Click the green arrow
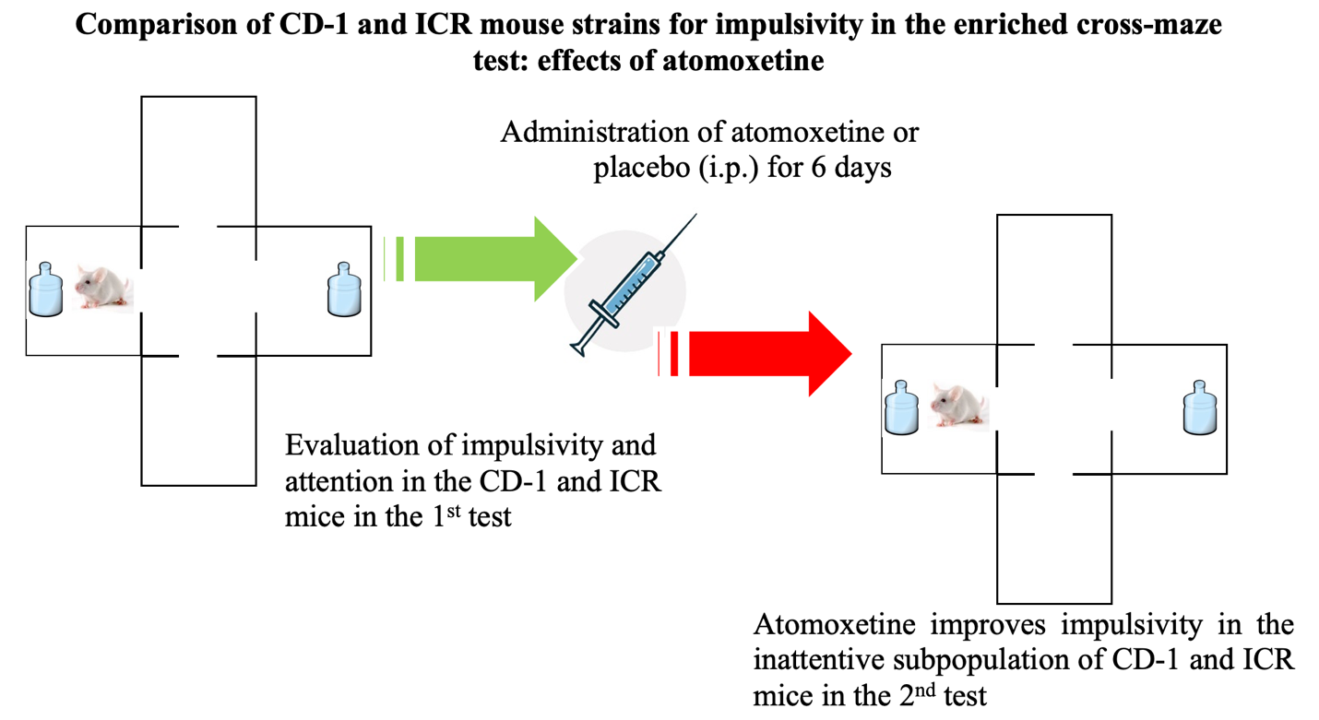[480, 259]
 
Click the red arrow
[755, 354]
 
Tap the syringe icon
[633, 286]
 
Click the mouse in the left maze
[103, 288]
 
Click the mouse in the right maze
[959, 406]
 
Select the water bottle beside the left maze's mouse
[46, 289]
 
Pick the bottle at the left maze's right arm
[344, 289]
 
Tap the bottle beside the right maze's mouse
[901, 408]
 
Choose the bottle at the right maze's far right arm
[1200, 408]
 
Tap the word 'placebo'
[641, 169]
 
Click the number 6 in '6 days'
[818, 168]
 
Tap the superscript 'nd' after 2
[926, 690]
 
